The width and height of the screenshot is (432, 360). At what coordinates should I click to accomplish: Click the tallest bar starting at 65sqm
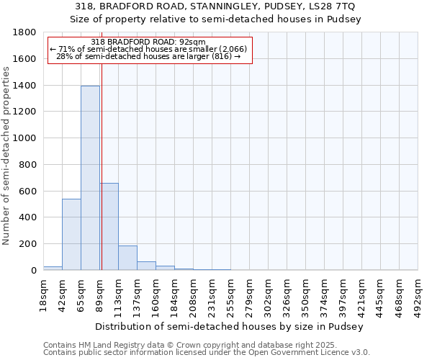(90, 178)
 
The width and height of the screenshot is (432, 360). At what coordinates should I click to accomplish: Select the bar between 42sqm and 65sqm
(71, 235)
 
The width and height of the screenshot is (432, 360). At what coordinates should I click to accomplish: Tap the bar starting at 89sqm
(109, 227)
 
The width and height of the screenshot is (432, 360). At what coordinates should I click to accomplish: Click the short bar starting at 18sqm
(53, 268)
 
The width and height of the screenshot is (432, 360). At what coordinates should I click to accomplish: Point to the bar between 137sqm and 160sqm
(146, 266)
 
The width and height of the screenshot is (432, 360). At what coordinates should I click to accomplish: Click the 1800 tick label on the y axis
(25, 32)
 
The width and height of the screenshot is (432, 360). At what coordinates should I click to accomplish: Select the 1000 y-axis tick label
(25, 138)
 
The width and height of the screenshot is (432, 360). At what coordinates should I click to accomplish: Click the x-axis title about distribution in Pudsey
(230, 326)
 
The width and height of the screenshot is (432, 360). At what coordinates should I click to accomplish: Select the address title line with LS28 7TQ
(216, 7)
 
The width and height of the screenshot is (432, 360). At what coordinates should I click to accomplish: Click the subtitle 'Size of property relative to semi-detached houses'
(216, 19)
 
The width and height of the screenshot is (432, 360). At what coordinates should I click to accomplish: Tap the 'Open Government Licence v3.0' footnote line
(207, 353)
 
